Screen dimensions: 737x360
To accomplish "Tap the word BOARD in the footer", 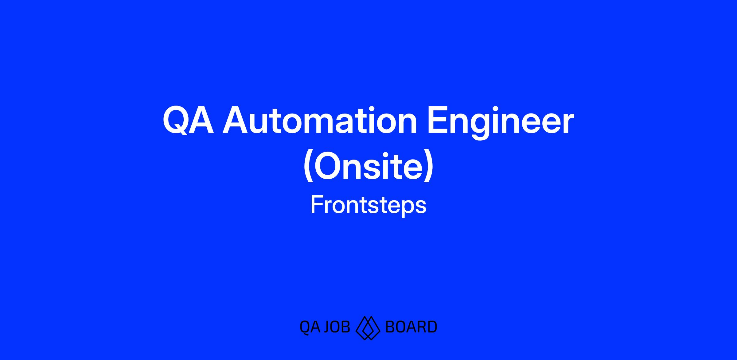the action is tap(411, 327).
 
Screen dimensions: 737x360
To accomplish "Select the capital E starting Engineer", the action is tap(438, 120).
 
